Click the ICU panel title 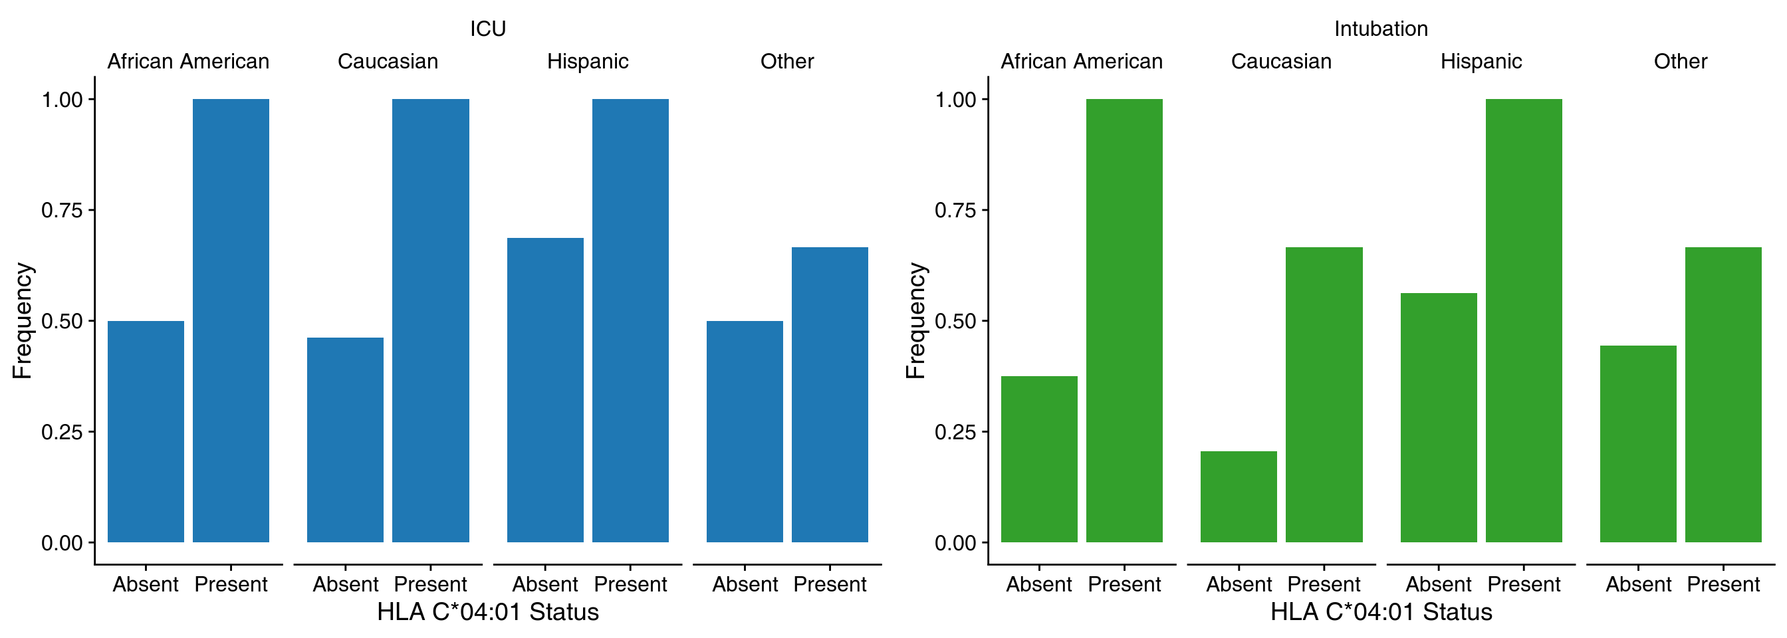pyautogui.click(x=488, y=29)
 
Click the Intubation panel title pyautogui.click(x=1381, y=29)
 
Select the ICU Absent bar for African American pyautogui.click(x=146, y=431)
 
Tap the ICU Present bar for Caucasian pyautogui.click(x=430, y=320)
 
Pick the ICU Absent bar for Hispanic pyautogui.click(x=545, y=390)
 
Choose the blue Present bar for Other pyautogui.click(x=830, y=395)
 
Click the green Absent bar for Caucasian pyautogui.click(x=1239, y=496)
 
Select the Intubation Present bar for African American pyautogui.click(x=1124, y=320)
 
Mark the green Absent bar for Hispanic pyautogui.click(x=1439, y=417)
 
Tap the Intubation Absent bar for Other pyautogui.click(x=1638, y=444)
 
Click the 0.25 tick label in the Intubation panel pyautogui.click(x=955, y=432)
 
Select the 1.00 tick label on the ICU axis pyautogui.click(x=62, y=100)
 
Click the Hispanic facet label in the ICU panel pyautogui.click(x=588, y=62)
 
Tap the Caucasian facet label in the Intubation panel pyautogui.click(x=1281, y=62)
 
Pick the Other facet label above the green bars pyautogui.click(x=1680, y=62)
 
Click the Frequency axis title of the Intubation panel pyautogui.click(x=915, y=320)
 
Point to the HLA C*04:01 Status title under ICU pyautogui.click(x=488, y=611)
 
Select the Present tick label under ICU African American pyautogui.click(x=230, y=585)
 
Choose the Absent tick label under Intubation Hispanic pyautogui.click(x=1439, y=585)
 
